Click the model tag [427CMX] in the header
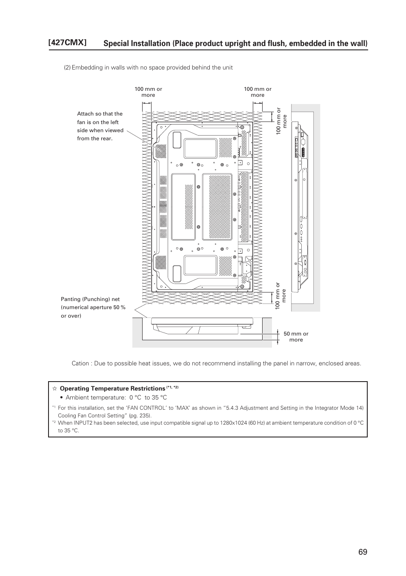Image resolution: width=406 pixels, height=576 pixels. (68, 43)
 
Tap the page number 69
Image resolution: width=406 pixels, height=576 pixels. (362, 552)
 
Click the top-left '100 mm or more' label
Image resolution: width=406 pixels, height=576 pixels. (148, 92)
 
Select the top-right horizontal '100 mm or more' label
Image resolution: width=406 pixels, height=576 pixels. (257, 92)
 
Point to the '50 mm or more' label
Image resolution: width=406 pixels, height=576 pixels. (296, 337)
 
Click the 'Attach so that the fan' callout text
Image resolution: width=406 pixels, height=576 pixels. (100, 126)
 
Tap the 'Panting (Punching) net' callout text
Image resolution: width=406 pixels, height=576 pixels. (93, 307)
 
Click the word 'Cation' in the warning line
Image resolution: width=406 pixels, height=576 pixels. (80, 363)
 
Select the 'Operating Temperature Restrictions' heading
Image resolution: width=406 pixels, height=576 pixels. (112, 388)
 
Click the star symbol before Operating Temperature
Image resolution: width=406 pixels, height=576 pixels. (54, 388)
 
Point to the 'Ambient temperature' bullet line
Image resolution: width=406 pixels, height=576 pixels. (116, 397)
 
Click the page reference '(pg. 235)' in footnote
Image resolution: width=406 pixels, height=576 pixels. (140, 415)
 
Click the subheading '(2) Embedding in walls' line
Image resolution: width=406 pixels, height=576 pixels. (148, 67)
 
